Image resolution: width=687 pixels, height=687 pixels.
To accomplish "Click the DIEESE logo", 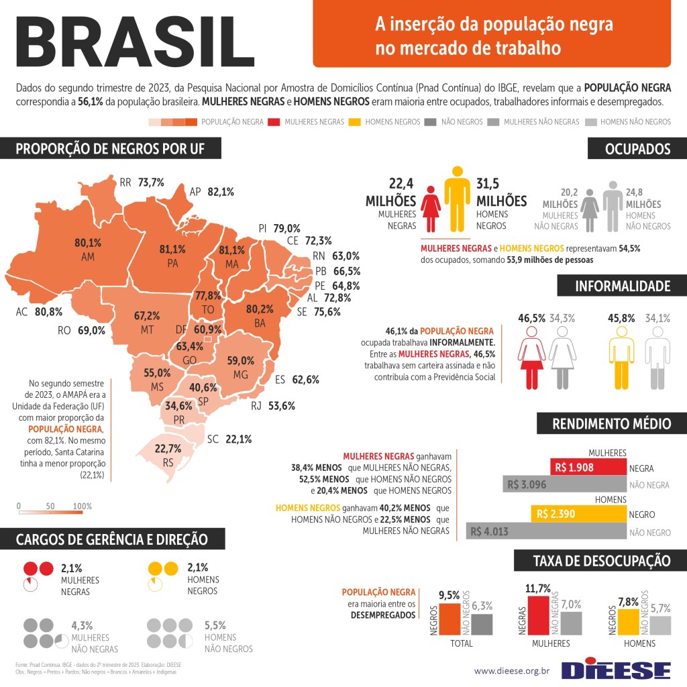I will (x=616, y=669).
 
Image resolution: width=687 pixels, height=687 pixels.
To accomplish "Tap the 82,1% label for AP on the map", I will (x=221, y=192).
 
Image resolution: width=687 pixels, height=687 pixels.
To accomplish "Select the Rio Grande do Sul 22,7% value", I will (x=168, y=449).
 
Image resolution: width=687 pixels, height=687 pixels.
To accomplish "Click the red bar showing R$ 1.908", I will (x=588, y=468).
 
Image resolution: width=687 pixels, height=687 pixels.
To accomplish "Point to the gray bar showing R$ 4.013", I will (x=546, y=532).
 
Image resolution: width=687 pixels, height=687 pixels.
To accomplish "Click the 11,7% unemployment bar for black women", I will (x=538, y=615).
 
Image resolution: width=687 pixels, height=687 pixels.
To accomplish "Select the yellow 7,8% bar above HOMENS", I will (x=628, y=621).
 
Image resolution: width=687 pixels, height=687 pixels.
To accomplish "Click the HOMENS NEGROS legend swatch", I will (x=356, y=122).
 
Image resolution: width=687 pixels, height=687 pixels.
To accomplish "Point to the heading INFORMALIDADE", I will (x=622, y=286).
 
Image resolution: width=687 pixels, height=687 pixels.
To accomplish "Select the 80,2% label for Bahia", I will (x=260, y=309).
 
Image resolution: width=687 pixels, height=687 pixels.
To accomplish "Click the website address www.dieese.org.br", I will (x=512, y=670).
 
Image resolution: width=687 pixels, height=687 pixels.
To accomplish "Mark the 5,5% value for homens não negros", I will (x=215, y=625).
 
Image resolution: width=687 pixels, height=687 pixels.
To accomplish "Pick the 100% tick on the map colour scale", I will (x=82, y=506).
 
